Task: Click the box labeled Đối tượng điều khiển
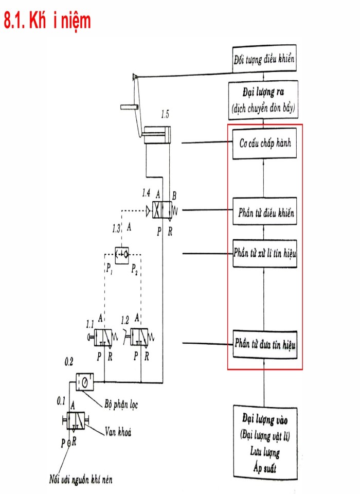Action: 264,59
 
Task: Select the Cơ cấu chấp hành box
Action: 265,143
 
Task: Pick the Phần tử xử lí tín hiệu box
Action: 265,253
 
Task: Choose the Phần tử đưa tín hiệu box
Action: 265,343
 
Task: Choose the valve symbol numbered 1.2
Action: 140,337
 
